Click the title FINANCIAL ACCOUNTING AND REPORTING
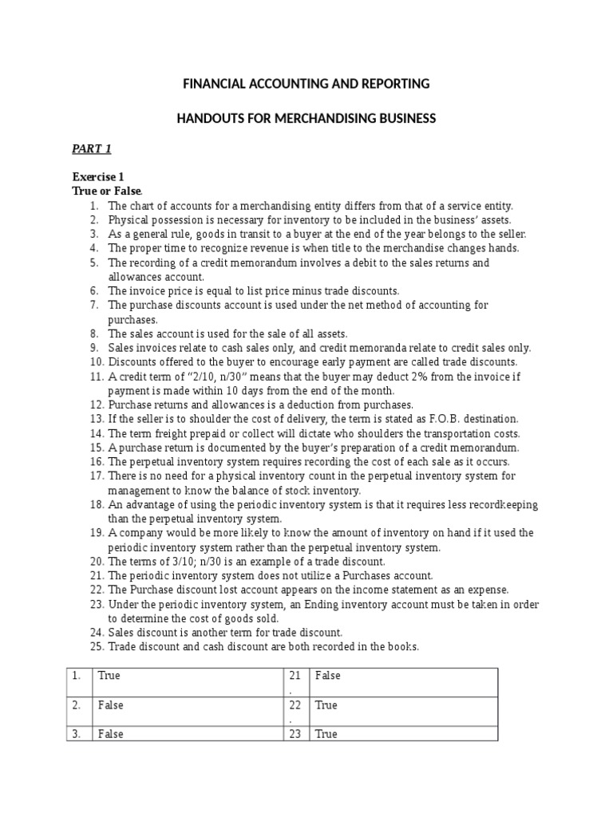[x=306, y=84]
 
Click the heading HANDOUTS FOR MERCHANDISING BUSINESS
[x=306, y=118]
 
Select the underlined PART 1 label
[x=92, y=148]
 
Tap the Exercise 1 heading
[x=98, y=177]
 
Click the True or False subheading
[x=107, y=191]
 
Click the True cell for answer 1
[x=109, y=676]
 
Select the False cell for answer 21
[x=327, y=676]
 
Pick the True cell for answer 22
[x=326, y=705]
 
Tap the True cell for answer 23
[x=326, y=734]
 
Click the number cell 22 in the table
[x=295, y=705]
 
